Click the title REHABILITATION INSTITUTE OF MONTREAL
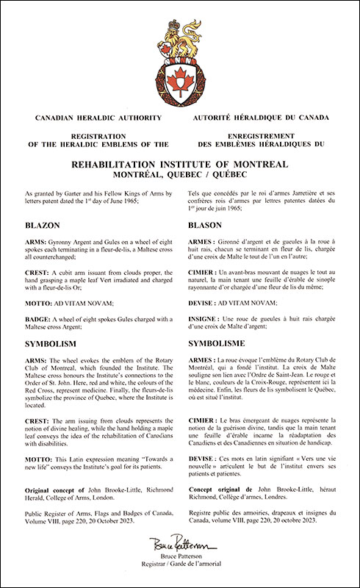(x=180, y=163)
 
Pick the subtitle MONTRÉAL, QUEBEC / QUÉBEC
(x=180, y=175)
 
